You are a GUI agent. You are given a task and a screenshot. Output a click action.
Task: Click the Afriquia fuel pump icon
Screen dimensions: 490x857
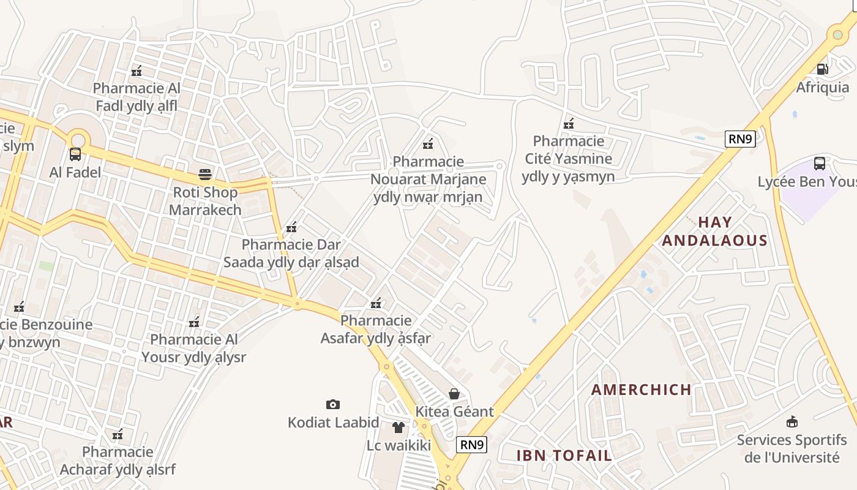(823, 69)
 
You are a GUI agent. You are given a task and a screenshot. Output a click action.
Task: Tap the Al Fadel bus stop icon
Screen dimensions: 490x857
(75, 154)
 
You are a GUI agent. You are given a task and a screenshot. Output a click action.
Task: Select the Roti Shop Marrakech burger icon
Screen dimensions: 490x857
(204, 175)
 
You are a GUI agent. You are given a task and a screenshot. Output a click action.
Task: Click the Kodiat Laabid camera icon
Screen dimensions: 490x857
(332, 404)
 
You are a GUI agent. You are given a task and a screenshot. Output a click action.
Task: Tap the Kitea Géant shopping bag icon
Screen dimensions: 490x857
(454, 393)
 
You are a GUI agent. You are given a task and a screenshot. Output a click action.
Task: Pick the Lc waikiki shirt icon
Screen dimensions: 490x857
(399, 427)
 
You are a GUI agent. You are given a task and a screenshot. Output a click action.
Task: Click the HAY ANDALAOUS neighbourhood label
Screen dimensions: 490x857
(714, 231)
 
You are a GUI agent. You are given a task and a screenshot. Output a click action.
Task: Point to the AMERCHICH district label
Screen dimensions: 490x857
(642, 389)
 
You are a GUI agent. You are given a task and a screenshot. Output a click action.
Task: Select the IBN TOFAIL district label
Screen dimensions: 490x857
(564, 455)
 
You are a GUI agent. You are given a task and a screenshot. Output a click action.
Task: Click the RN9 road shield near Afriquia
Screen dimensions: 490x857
(740, 139)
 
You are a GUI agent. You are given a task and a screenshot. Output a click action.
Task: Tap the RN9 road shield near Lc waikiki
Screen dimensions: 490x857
(471, 445)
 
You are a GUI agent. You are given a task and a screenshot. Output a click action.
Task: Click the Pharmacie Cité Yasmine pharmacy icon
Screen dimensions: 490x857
(569, 124)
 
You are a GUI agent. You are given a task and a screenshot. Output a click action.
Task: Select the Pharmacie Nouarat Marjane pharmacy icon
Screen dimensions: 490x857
(428, 145)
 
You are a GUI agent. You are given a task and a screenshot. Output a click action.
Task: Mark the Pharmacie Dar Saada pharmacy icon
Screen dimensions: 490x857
(291, 228)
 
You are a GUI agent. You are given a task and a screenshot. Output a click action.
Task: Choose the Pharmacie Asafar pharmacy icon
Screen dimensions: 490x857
(376, 303)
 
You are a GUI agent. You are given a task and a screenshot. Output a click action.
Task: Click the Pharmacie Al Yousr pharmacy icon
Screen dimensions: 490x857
(194, 322)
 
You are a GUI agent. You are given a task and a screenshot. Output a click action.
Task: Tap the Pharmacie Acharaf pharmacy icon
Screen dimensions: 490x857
(118, 435)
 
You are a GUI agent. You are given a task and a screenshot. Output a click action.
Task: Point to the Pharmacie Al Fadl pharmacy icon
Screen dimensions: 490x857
(137, 71)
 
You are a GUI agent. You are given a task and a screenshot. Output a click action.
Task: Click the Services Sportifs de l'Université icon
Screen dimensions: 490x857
(792, 421)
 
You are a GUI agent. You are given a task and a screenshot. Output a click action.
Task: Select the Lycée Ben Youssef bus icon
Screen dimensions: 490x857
(819, 164)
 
